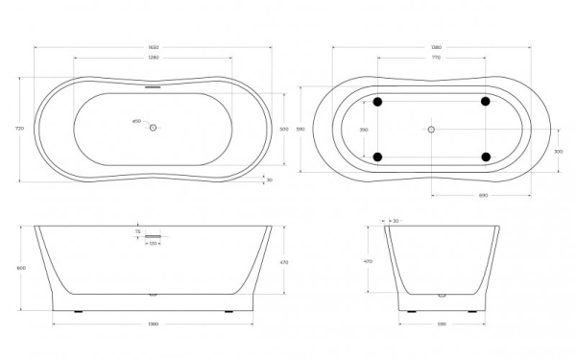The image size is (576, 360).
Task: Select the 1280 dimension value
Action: point(153,60)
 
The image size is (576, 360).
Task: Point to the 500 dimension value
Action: point(283,128)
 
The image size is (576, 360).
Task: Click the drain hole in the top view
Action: point(153,129)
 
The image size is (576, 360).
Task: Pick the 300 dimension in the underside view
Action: point(558,152)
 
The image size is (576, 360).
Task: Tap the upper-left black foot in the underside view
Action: point(376,101)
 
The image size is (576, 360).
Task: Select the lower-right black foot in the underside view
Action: point(485,156)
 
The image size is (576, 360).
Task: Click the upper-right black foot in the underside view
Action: point(485,101)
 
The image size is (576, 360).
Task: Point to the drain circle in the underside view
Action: point(431,129)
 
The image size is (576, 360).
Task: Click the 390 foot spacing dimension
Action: point(363,129)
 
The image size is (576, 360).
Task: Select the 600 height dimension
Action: point(21,269)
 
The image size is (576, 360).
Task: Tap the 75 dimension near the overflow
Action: point(137,230)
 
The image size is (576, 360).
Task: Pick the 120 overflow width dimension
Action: point(153,244)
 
